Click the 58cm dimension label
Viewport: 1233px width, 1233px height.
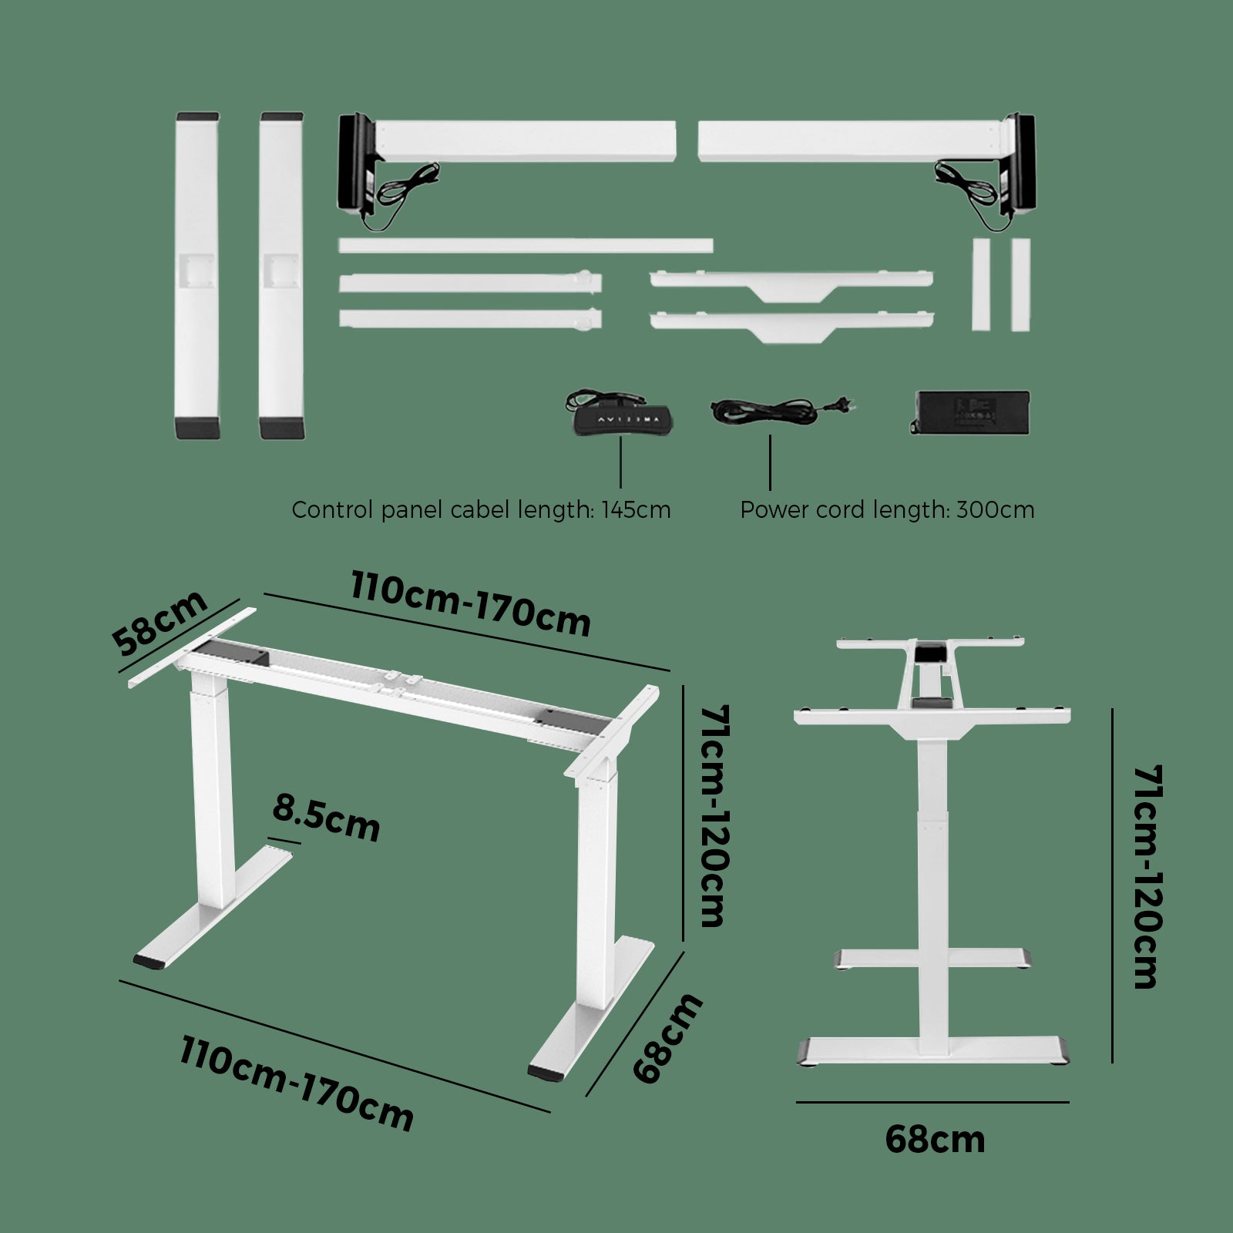pos(160,623)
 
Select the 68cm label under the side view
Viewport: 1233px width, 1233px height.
pos(935,1140)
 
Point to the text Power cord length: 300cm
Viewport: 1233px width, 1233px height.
pos(887,510)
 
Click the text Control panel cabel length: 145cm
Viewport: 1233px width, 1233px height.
pos(481,510)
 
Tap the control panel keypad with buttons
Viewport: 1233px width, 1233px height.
pos(623,419)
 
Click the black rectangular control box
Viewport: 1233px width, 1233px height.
pos(971,413)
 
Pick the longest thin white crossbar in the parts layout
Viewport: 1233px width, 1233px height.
pos(526,246)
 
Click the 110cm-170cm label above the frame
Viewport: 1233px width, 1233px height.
pos(471,604)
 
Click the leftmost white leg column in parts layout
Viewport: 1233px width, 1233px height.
pos(198,276)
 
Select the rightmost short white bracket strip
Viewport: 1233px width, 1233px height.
pos(1020,284)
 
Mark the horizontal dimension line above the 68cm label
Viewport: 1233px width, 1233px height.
pos(932,1102)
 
